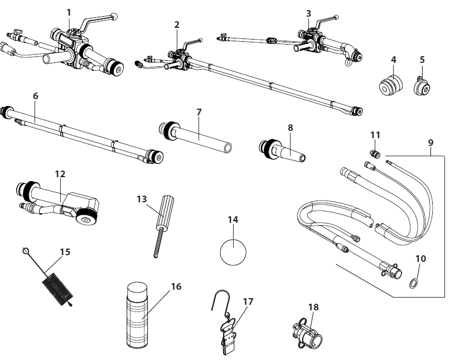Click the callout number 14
(233, 220)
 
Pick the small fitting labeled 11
(375, 153)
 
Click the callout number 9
(430, 142)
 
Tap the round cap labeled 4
(390, 86)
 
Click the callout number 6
(36, 96)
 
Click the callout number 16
(176, 286)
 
